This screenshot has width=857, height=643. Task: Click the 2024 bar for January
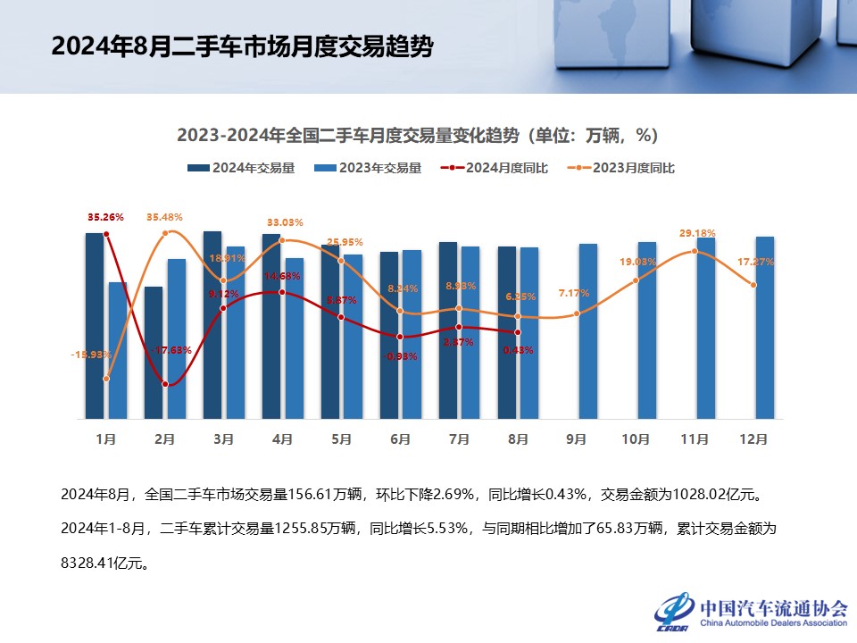pos(95,326)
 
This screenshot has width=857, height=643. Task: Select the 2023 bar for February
pos(177,339)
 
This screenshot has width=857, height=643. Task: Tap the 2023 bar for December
pos(765,328)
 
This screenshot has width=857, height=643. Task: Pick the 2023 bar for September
pos(588,331)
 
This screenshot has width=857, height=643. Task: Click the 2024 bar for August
pos(506,332)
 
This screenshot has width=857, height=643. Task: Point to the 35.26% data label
pos(105,217)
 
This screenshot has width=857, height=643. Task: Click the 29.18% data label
pos(697,233)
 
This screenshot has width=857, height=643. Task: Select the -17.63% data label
pos(171,350)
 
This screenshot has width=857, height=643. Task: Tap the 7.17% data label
pos(575,294)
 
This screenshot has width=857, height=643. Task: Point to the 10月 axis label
pos(635,439)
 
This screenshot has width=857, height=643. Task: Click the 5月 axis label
pos(341,439)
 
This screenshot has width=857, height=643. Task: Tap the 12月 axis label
pos(753,439)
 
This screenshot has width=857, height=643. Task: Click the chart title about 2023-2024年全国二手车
pos(417,136)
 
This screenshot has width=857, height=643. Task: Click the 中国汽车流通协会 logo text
pos(773,608)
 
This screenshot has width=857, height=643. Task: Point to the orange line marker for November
pos(695,252)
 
